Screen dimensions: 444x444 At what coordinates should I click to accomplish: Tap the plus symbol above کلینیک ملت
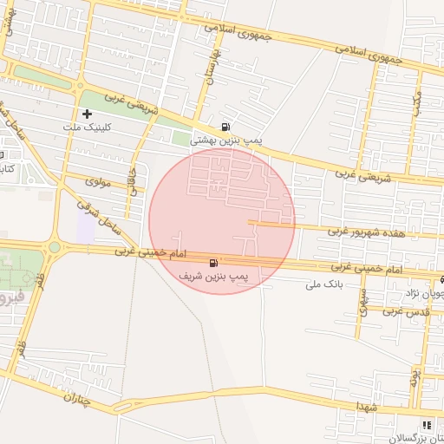point(88,114)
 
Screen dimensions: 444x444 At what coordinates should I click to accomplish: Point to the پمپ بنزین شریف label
point(213,275)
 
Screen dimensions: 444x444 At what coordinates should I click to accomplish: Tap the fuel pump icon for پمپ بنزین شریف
point(213,262)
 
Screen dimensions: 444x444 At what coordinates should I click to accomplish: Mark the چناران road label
point(77,397)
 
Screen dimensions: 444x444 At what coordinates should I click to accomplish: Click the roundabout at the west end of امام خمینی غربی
point(55,247)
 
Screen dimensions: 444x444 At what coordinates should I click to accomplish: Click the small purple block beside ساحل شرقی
point(86,227)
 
